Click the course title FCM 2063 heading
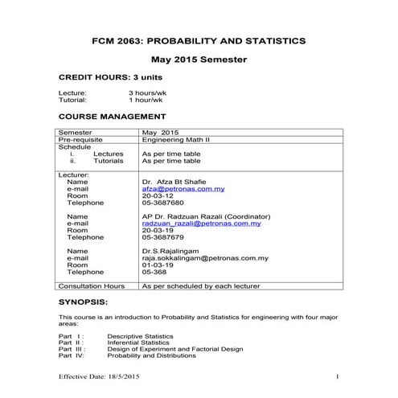pyautogui.click(x=199, y=39)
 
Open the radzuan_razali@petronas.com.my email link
pyautogui.click(x=201, y=224)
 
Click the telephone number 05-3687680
pyautogui.click(x=162, y=203)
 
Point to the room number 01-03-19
pyautogui.click(x=158, y=265)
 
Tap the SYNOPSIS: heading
pyautogui.click(x=85, y=304)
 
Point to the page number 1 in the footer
pyautogui.click(x=339, y=377)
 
